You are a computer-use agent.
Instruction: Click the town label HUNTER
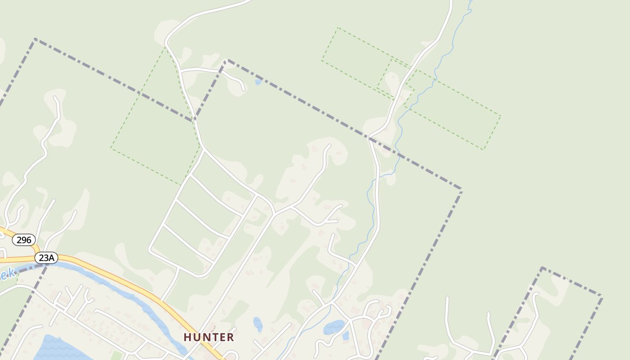(209, 337)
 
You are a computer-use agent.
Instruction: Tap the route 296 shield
(23, 240)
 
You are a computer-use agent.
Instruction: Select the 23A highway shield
(46, 258)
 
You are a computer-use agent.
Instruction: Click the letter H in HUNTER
(187, 337)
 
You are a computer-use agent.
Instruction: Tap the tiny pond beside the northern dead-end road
(258, 82)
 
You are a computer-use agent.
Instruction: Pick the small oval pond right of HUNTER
(257, 324)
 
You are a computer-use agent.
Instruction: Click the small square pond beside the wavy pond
(345, 335)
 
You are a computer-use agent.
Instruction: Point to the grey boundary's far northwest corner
(35, 40)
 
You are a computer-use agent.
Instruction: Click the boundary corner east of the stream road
(461, 189)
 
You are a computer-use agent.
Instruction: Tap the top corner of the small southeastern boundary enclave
(542, 268)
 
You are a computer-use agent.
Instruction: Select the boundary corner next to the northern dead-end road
(226, 60)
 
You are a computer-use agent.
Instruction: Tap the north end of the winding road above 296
(56, 98)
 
